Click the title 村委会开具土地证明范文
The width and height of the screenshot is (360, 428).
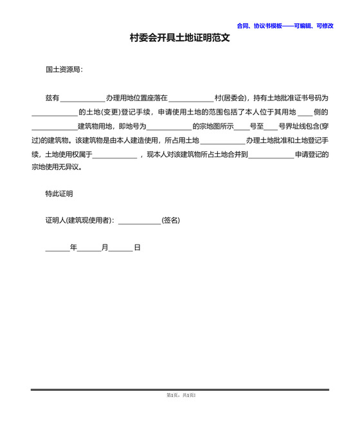179,38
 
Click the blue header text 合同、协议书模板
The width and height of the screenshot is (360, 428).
264,26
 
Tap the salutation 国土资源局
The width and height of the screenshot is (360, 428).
64,69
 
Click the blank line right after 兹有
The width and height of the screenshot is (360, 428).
82,98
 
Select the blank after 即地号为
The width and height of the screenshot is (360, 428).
168,126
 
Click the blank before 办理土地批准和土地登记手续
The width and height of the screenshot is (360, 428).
222,140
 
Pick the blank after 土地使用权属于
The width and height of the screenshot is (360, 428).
114,154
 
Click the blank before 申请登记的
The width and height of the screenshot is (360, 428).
270,154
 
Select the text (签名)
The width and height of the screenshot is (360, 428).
170,221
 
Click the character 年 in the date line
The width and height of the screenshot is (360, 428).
73,247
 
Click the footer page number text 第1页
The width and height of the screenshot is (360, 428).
171,395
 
